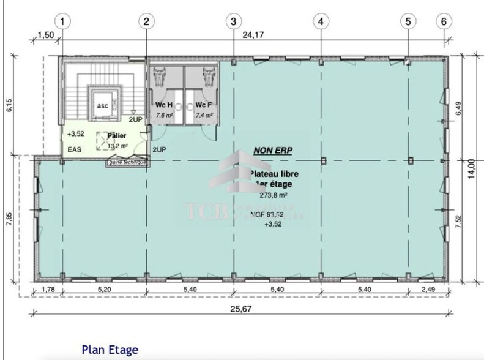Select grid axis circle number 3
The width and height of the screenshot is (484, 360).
[233, 21]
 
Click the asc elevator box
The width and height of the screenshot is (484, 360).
[102, 105]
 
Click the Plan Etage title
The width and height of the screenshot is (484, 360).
[110, 350]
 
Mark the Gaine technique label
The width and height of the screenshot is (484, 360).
[127, 163]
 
